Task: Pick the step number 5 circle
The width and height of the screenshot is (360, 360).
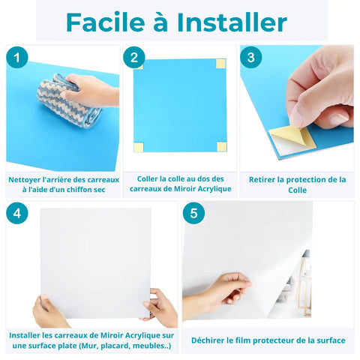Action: pyautogui.click(x=193, y=214)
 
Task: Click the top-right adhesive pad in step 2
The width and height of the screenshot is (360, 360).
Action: pyautogui.click(x=220, y=64)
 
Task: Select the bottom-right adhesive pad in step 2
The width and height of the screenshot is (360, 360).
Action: pyautogui.click(x=220, y=145)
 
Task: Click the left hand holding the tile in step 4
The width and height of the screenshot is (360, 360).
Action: pyautogui.click(x=49, y=310)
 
